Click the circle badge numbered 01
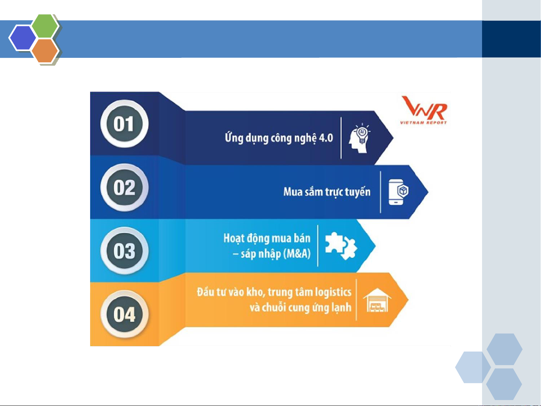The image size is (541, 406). pyautogui.click(x=124, y=124)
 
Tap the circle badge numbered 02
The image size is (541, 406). pyautogui.click(x=124, y=187)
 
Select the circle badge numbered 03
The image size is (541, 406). pyautogui.click(x=124, y=251)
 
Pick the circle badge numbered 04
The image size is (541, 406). pyautogui.click(x=124, y=314)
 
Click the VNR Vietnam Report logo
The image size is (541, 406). pyautogui.click(x=424, y=110)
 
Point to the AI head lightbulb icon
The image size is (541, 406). pyautogui.click(x=359, y=138)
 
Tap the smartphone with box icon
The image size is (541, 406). pyautogui.click(x=398, y=192)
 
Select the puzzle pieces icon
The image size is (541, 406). pyautogui.click(x=341, y=246)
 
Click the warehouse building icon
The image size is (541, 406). pyautogui.click(x=377, y=300)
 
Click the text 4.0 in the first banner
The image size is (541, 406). pyautogui.click(x=326, y=138)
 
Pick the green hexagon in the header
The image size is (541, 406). pyautogui.click(x=45, y=26)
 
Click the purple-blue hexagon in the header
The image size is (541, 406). pyautogui.click(x=23, y=38)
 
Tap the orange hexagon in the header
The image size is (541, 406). pyautogui.click(x=45, y=51)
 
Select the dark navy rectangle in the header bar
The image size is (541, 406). pyautogui.click(x=511, y=39)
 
